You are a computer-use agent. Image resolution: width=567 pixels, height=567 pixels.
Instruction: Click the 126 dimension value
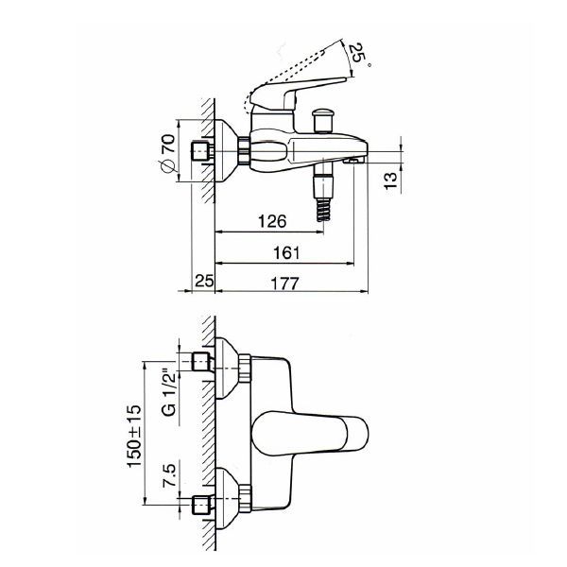click(272, 221)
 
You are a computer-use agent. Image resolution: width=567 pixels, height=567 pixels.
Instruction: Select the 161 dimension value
click(286, 252)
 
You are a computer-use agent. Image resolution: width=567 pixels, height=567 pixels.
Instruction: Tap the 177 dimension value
click(284, 283)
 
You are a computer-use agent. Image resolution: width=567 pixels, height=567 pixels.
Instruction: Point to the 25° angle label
click(359, 54)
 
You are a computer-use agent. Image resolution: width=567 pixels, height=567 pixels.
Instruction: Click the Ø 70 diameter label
click(167, 152)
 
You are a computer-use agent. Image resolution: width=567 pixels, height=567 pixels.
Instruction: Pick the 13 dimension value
click(390, 180)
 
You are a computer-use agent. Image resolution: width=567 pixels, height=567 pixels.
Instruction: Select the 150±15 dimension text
click(134, 436)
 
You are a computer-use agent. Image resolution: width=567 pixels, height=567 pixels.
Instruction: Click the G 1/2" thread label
click(169, 392)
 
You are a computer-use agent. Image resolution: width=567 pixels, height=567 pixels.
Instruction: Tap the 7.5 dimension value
click(169, 474)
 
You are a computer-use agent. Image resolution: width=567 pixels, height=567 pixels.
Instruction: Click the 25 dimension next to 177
click(204, 281)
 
